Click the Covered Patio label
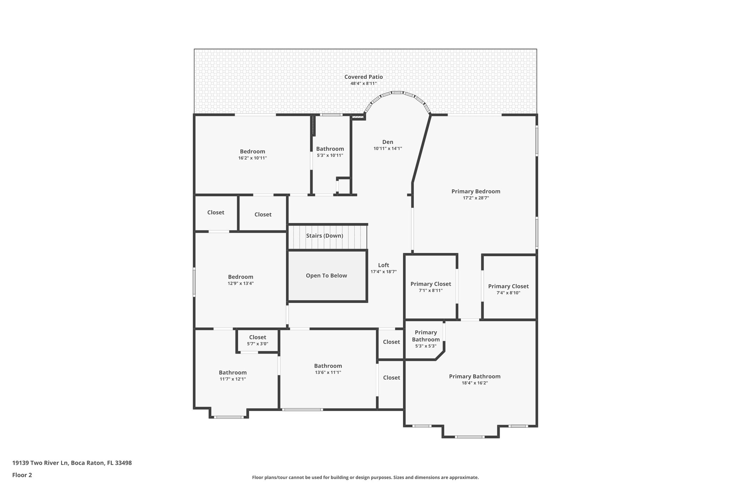363,77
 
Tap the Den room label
388,142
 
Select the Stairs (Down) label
324,236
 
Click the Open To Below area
326,275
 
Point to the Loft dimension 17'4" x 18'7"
383,272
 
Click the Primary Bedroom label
475,192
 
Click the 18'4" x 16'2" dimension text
474,383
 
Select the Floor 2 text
22,475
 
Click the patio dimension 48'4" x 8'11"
363,83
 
